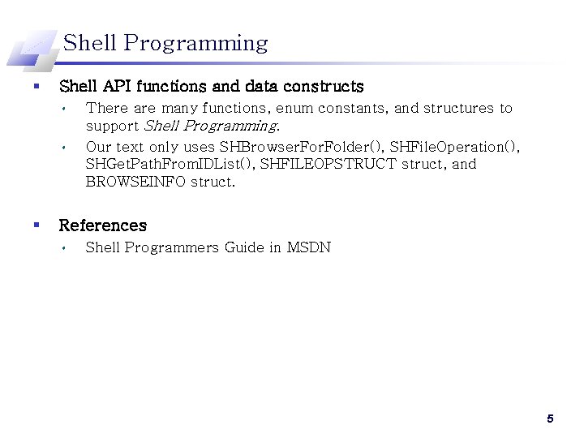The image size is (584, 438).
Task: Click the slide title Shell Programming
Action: pos(165,43)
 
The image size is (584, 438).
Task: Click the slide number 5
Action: pos(550,419)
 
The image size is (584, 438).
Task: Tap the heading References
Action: pos(103,225)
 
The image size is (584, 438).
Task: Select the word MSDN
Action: pos(309,247)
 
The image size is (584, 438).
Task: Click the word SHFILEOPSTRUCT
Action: pos(328,164)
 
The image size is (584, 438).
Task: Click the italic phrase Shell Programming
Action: pos(210,126)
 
